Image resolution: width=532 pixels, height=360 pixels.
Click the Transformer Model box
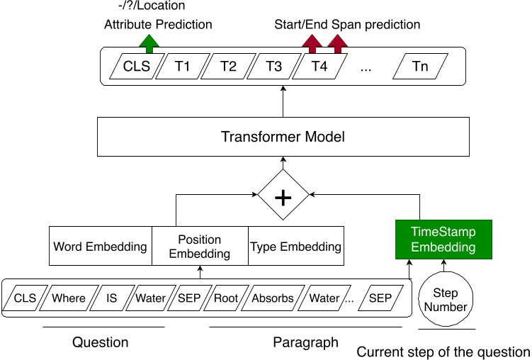click(x=283, y=137)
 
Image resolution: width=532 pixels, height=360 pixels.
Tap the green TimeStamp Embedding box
click(x=443, y=240)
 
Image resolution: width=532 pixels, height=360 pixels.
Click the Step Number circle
click(x=446, y=300)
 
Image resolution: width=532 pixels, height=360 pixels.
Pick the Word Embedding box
click(x=100, y=247)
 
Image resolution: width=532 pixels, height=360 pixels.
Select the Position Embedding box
click(x=200, y=247)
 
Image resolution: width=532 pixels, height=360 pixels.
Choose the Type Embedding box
click(x=295, y=247)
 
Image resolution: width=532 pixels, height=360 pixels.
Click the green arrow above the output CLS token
click(x=149, y=43)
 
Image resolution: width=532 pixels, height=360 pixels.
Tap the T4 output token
click(x=319, y=67)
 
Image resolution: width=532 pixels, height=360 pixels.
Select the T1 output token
click(x=182, y=67)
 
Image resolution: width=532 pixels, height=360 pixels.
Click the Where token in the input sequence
click(x=69, y=298)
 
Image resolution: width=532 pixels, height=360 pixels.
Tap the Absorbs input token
click(x=272, y=298)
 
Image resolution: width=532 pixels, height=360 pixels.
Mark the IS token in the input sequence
click(x=112, y=298)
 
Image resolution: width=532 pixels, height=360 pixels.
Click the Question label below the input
click(x=101, y=343)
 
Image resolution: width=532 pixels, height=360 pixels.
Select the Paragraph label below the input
click(x=306, y=343)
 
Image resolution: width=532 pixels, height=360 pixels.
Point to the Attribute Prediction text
click(x=158, y=25)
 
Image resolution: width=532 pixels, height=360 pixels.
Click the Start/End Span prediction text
click(x=347, y=25)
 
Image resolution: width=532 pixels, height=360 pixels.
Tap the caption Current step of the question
click(x=443, y=352)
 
